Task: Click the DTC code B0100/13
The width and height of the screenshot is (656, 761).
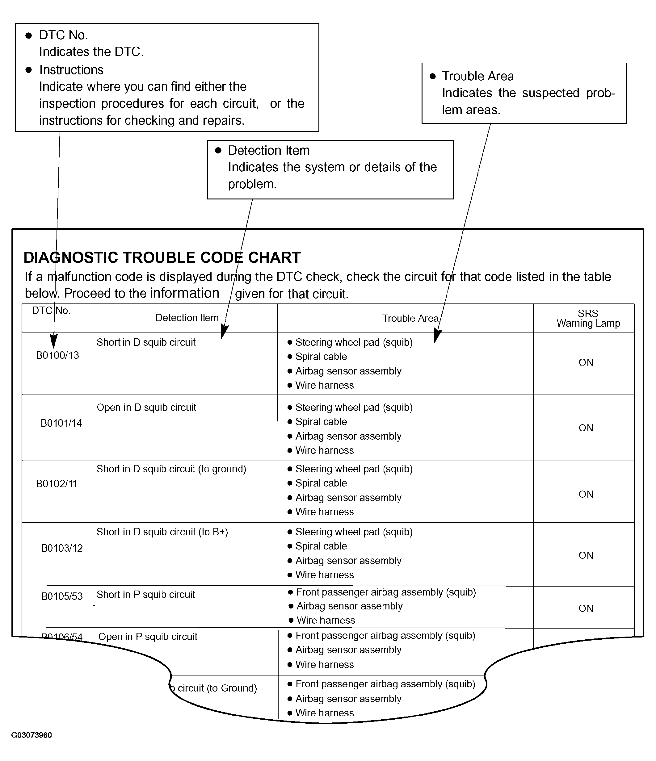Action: [57, 355]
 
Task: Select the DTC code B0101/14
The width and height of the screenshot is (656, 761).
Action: [61, 423]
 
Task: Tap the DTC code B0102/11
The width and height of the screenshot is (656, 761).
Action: [57, 484]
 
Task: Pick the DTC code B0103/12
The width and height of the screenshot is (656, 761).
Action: [62, 548]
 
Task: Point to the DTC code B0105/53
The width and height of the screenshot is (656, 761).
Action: [62, 596]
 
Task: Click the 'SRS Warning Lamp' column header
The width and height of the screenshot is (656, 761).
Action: [588, 318]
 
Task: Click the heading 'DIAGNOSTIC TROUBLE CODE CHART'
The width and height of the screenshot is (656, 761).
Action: [162, 257]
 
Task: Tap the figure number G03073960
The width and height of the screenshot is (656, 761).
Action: [32, 735]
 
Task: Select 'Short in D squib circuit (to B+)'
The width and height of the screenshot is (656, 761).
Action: [162, 532]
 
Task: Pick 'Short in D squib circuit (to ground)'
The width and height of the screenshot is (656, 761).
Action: [171, 469]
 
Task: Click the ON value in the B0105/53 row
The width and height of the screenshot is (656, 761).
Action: [586, 608]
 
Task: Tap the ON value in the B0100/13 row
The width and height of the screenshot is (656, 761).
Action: [586, 362]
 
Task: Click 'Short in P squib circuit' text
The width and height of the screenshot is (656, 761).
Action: [145, 595]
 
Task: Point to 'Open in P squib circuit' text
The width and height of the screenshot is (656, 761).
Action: [148, 637]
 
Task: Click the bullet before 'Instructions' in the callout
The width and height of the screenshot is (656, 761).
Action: [29, 70]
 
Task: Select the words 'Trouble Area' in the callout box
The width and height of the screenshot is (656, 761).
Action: [478, 76]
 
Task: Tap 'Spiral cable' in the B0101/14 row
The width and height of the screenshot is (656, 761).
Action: [321, 422]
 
